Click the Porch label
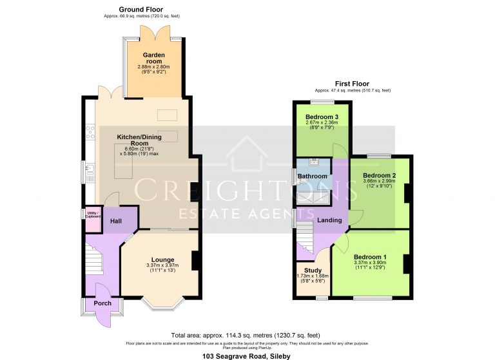(102, 303)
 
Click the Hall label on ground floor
(117, 222)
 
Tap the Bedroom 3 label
(322, 117)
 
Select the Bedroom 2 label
(379, 175)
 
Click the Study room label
(313, 270)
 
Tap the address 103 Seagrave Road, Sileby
(247, 355)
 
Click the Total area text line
(247, 336)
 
